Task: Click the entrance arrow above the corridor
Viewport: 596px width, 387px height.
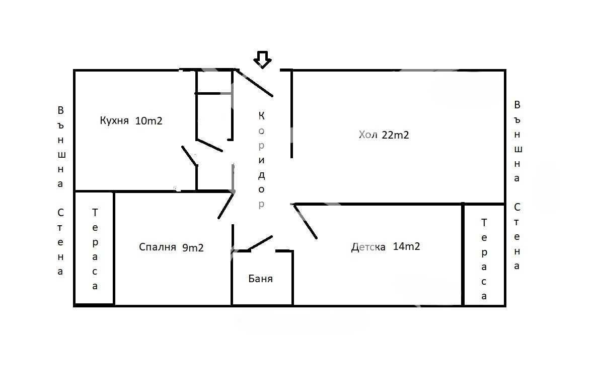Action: pos(262,60)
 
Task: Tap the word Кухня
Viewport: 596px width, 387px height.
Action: pos(114,120)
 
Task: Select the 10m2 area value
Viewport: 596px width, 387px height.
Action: pos(148,120)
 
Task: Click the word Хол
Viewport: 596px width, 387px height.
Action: pos(368,135)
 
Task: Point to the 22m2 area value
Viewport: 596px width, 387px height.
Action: pos(395,135)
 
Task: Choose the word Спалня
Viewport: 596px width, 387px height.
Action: pos(158,247)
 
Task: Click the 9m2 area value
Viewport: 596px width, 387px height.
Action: pos(193,248)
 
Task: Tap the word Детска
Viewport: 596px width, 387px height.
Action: pos(368,247)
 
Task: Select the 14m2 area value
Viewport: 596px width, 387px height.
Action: pos(406,246)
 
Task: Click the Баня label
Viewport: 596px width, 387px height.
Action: pos(260,279)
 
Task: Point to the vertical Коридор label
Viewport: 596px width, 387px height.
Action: pos(262,160)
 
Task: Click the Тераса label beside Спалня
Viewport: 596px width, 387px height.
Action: pos(95,249)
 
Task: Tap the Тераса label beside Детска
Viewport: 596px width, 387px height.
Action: pos(484,259)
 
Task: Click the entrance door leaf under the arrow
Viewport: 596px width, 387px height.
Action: pos(254,83)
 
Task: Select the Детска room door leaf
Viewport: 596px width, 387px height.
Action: pos(305,222)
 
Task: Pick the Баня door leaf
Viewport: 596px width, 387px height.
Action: pos(260,243)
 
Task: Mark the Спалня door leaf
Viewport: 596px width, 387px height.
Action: pos(226,206)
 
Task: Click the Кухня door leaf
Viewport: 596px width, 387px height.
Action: pos(189,156)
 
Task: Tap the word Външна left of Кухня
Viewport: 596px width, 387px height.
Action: pos(61,147)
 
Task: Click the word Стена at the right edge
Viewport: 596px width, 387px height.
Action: pos(517,236)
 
